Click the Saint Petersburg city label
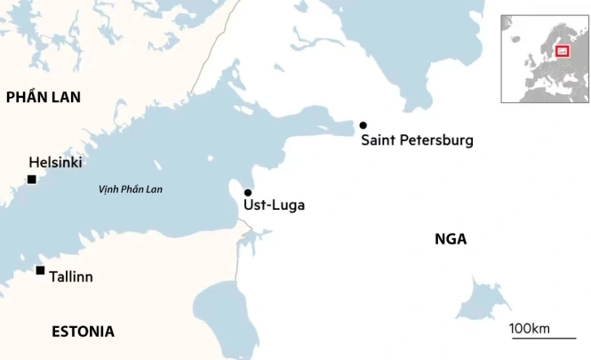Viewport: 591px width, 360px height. pyautogui.click(x=417, y=140)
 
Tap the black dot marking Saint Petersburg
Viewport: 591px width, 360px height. pyautogui.click(x=363, y=125)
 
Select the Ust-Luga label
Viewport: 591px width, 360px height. pyautogui.click(x=274, y=205)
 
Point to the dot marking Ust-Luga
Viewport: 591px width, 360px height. pyautogui.click(x=248, y=193)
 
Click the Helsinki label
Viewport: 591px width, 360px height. pyautogui.click(x=55, y=163)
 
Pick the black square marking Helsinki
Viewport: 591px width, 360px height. pyautogui.click(x=32, y=180)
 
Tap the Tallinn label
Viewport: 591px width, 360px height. pyautogui.click(x=70, y=276)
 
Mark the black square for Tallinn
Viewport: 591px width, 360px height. pyautogui.click(x=40, y=270)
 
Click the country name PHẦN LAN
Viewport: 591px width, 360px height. pyautogui.click(x=43, y=98)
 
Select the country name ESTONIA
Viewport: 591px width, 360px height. pyautogui.click(x=83, y=332)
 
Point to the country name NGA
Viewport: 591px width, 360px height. pyautogui.click(x=451, y=238)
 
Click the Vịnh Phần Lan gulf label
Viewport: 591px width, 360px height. pyautogui.click(x=131, y=189)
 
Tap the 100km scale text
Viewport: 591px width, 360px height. pyautogui.click(x=530, y=329)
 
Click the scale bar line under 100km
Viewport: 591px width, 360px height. pyautogui.click(x=541, y=339)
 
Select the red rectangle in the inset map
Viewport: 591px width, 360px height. pyautogui.click(x=562, y=51)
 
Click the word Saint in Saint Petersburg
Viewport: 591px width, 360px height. pyautogui.click(x=378, y=140)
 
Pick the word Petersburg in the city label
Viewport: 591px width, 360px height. pyautogui.click(x=435, y=140)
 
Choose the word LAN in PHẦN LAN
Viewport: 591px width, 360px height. pyautogui.click(x=66, y=98)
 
